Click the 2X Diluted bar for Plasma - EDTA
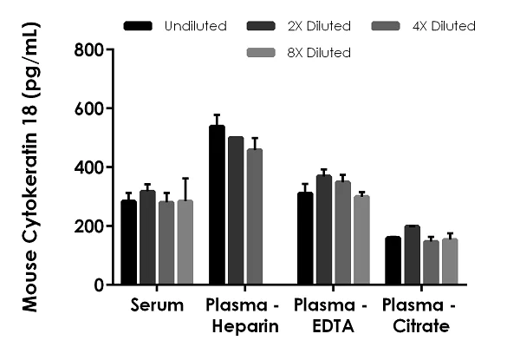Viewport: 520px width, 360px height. (324, 230)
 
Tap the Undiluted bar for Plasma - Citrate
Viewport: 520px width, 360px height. (393, 260)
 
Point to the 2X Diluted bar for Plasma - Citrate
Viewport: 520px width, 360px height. (412, 255)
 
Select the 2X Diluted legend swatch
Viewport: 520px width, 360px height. (262, 26)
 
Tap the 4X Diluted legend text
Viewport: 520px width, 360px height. (443, 26)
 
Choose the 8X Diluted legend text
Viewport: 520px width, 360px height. (318, 53)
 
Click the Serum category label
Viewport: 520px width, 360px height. (157, 305)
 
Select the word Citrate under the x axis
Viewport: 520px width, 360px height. (419, 326)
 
